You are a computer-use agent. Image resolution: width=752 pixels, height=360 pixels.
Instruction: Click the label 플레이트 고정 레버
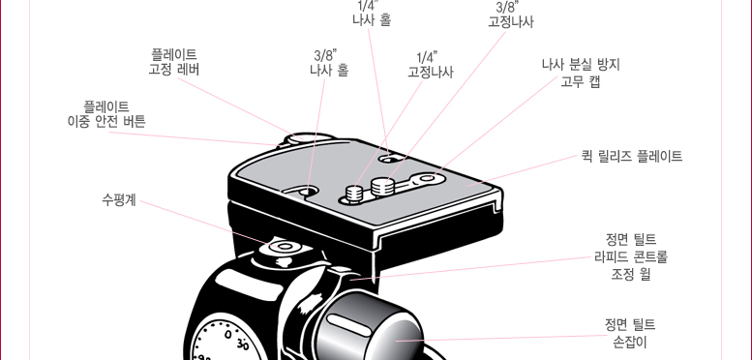(174, 62)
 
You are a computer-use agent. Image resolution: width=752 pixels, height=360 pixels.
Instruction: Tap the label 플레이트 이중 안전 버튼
(106, 113)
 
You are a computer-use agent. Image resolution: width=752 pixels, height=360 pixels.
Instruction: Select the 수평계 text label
(119, 199)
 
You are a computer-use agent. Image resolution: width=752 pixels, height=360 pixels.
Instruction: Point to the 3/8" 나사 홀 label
(329, 63)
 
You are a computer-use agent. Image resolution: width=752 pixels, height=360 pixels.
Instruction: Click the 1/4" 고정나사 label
(430, 65)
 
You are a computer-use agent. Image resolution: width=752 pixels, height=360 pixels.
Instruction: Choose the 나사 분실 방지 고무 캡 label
(581, 73)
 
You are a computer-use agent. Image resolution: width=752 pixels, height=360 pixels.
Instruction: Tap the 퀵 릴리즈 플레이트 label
(632, 156)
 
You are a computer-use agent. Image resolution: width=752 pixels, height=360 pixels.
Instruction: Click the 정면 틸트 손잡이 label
(630, 333)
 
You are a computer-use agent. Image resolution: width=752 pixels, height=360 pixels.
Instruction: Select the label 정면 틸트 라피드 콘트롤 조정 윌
(631, 256)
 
